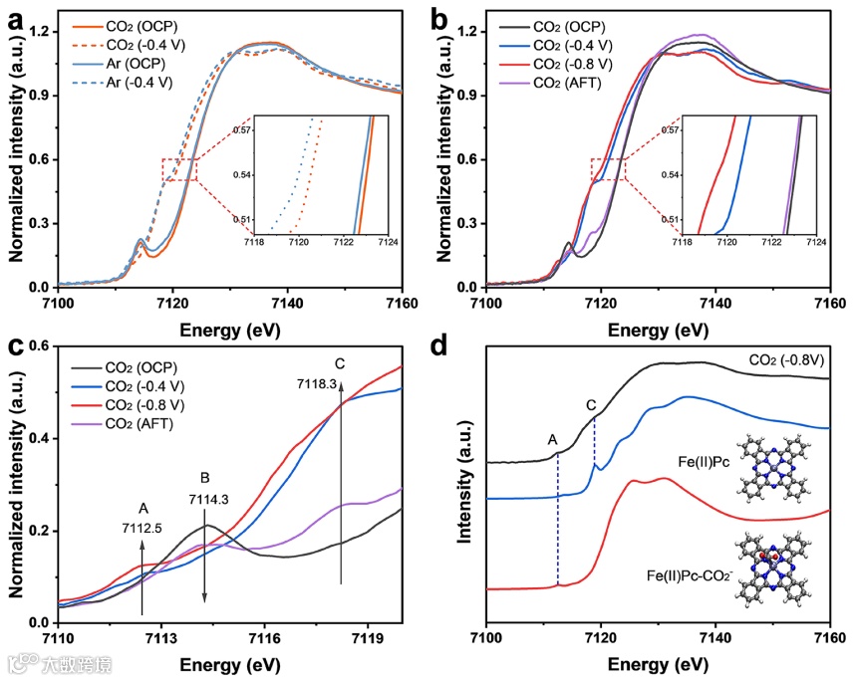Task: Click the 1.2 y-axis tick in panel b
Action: point(469,32)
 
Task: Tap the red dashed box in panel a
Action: point(178,169)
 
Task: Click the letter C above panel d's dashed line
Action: point(591,405)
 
